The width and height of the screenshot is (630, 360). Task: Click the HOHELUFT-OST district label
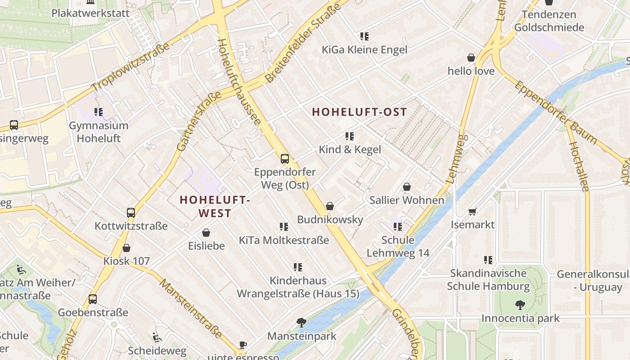click(360, 112)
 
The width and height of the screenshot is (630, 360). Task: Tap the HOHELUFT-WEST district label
click(215, 207)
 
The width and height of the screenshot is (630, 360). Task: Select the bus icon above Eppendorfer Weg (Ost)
click(285, 158)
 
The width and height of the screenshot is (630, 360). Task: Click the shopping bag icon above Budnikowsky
click(330, 206)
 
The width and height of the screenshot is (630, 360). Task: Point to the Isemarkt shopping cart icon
click(472, 211)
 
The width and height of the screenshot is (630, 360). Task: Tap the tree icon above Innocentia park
click(520, 305)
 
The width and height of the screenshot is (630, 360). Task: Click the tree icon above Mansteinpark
click(301, 322)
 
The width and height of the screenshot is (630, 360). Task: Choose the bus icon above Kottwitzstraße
click(131, 212)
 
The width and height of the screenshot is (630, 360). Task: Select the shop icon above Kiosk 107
click(126, 247)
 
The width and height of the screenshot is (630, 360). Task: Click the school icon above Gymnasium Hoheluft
click(99, 112)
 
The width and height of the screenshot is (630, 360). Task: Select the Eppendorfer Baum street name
click(556, 112)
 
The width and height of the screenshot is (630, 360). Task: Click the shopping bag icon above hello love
click(471, 58)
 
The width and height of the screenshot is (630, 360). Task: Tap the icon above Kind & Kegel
click(350, 136)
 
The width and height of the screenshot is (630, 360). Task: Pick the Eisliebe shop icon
click(206, 233)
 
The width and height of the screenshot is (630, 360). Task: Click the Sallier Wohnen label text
click(407, 200)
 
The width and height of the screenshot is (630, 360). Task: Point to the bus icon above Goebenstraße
click(93, 299)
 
